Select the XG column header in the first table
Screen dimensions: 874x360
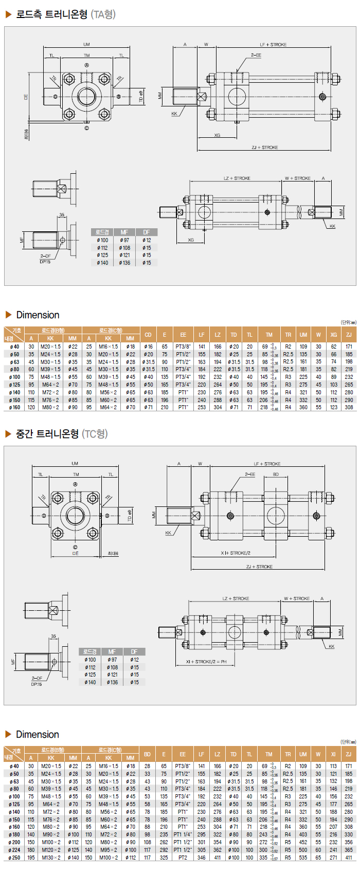(334, 335)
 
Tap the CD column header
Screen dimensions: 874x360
(148, 335)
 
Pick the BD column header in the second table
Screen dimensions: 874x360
(147, 754)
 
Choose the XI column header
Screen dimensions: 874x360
(333, 754)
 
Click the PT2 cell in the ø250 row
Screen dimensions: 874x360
(183, 858)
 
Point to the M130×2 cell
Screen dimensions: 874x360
(51, 858)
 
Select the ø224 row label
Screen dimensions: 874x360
(14, 850)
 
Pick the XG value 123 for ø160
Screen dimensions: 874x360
(334, 407)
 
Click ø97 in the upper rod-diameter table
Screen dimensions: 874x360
(124, 240)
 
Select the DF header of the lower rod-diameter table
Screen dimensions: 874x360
(134, 652)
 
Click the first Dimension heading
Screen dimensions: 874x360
(38, 315)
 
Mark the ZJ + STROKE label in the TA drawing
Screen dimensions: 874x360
(265, 148)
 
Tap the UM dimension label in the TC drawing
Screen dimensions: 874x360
(75, 464)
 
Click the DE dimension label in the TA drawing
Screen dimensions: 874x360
(26, 96)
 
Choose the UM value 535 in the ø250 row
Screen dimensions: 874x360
(303, 858)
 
